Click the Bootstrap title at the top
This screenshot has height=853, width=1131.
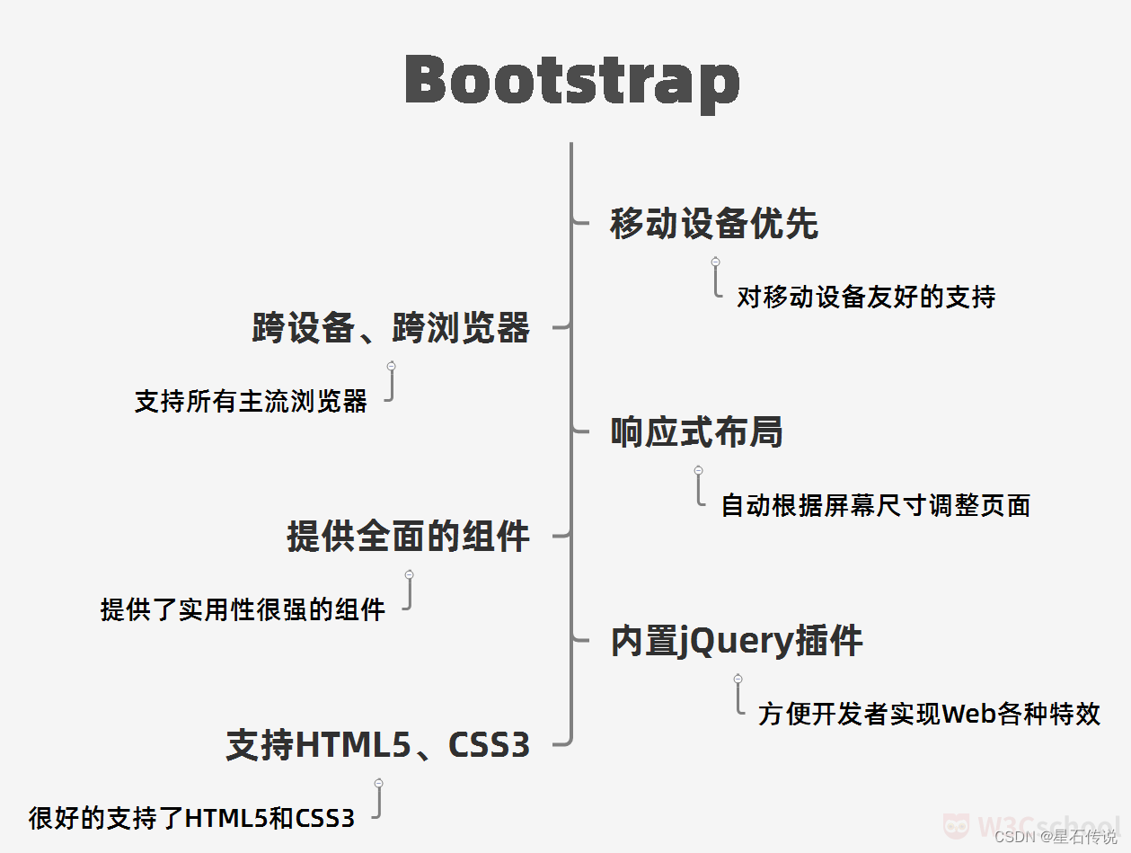(572, 80)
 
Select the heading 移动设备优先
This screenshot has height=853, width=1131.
(714, 224)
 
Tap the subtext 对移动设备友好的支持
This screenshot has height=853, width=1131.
(866, 298)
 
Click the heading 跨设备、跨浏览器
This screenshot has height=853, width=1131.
(391, 328)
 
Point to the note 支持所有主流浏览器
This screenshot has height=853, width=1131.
(251, 401)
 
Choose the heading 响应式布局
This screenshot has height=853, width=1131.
(696, 432)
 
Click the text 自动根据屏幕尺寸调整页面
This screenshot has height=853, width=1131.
(875, 505)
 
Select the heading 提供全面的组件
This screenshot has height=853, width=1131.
(408, 537)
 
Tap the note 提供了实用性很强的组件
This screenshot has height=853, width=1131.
(243, 609)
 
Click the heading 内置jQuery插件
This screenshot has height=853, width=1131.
(737, 641)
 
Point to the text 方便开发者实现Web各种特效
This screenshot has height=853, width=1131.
(929, 714)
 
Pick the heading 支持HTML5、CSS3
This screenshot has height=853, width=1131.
(377, 745)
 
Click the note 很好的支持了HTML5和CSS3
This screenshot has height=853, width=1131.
(191, 818)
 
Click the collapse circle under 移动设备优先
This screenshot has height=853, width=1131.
(716, 262)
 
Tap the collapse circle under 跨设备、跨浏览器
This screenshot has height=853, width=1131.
(392, 366)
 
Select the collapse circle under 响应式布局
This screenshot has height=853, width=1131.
(699, 470)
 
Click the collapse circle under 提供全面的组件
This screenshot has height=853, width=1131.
(409, 574)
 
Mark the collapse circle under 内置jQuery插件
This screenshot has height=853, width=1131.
(738, 679)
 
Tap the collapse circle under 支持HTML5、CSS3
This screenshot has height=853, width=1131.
(379, 783)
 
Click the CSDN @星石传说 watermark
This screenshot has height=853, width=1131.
(1056, 837)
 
